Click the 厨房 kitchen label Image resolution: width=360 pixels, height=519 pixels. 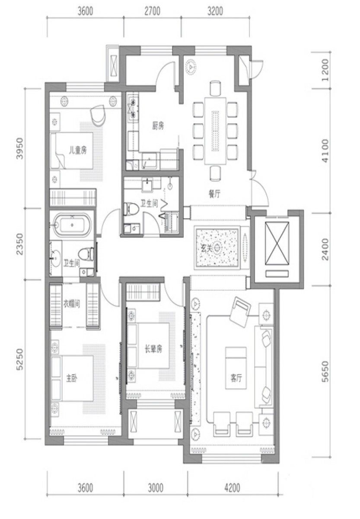pos(158,126)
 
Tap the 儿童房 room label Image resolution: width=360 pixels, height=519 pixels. pos(78,151)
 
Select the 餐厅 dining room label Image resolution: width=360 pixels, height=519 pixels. pos(214,194)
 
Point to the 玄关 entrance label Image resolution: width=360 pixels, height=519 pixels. pos(207,248)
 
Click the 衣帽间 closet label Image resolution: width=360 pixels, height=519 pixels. pos(72,304)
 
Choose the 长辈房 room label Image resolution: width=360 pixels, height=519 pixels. pos(153,349)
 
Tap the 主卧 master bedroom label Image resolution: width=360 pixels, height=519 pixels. pos(72,378)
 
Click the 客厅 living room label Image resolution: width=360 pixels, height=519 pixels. pos(236,378)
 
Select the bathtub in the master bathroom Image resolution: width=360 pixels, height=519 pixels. pos(72,224)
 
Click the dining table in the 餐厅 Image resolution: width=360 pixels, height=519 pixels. pos(215,131)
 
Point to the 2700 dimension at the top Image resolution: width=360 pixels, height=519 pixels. pos(152,11)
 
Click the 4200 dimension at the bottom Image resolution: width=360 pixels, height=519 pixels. pos(232,487)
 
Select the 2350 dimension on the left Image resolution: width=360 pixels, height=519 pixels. pos(20,244)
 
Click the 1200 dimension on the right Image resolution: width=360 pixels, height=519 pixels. pos(325,70)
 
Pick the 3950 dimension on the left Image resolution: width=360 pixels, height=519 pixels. pos(20,148)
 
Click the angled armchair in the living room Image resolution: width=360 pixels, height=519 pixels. pos(240,312)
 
